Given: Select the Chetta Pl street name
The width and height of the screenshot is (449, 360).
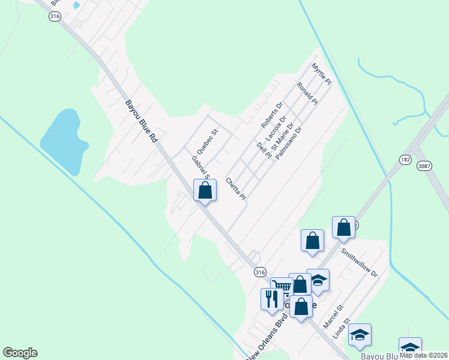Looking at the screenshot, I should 236,188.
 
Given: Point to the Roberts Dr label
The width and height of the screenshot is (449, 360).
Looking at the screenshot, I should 271,115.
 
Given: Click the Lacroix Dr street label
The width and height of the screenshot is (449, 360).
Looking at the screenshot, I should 274,129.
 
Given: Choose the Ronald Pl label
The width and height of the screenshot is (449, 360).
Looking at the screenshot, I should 307,94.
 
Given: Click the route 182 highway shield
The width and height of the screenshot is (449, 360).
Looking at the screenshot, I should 405,160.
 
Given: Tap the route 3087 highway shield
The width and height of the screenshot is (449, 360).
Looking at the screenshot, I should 424,166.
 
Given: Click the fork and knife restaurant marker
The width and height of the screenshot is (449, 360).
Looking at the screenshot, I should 271,298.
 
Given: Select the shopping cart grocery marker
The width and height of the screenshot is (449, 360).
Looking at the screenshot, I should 281,286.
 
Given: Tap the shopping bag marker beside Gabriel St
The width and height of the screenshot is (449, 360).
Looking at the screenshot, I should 205,190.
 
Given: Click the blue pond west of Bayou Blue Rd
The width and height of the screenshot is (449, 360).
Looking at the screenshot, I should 64,141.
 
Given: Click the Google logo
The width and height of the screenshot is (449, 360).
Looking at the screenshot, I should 20,353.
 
